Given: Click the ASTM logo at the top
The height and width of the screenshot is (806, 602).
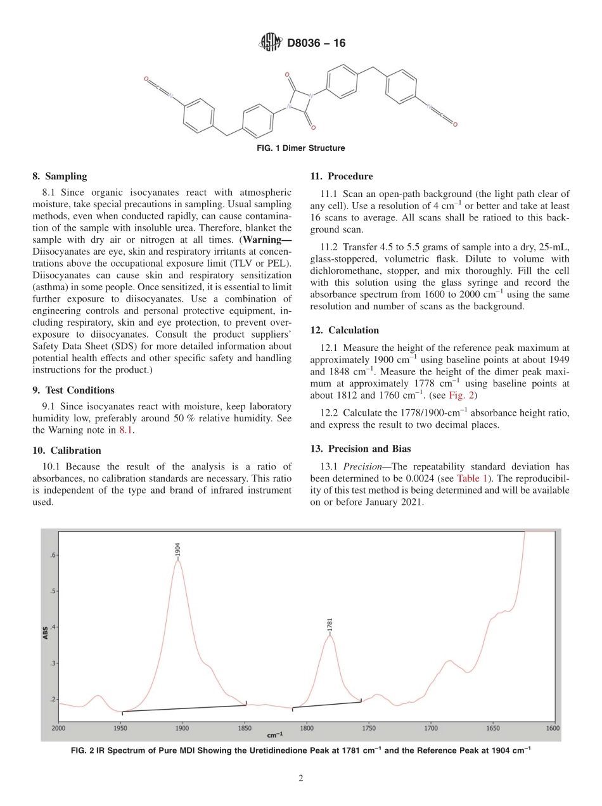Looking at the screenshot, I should (271, 43).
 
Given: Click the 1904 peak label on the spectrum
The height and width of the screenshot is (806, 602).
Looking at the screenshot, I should (179, 549).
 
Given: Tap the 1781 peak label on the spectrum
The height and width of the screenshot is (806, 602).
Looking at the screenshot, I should (330, 625).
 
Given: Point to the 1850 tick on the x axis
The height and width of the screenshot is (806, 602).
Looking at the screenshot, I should (244, 728).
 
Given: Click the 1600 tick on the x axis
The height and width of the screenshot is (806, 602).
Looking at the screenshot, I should (553, 728).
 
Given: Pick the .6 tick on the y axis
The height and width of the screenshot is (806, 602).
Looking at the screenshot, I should (53, 555).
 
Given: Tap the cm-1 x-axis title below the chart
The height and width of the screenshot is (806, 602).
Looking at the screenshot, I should (275, 735).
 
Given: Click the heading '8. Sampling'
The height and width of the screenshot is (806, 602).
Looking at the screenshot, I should (60, 176).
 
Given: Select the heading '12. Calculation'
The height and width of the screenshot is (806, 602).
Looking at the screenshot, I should (344, 330).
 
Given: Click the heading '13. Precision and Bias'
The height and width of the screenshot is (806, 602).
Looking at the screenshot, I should (361, 449).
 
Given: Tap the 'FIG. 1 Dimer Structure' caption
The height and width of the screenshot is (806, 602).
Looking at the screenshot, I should (301, 148).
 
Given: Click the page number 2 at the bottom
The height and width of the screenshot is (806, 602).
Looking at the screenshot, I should (301, 779).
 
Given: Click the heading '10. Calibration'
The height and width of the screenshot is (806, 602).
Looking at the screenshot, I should (67, 451).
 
